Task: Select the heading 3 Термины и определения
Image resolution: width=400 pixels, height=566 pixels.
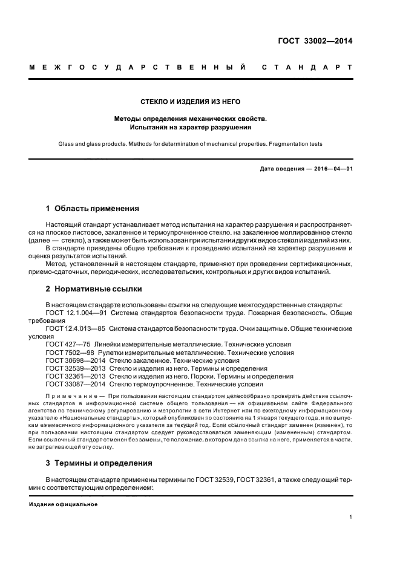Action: click(99, 464)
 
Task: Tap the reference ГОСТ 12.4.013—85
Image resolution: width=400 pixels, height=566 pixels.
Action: click(76, 328)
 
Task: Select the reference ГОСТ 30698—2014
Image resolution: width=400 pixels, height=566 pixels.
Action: click(72, 360)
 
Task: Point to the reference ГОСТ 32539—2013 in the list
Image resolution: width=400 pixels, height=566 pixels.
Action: click(72, 368)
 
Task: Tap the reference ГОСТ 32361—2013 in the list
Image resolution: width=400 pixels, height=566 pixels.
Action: click(72, 376)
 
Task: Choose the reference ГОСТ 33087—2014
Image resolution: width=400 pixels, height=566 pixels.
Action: click(72, 383)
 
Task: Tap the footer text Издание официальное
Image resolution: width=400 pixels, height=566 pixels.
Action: click(63, 504)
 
